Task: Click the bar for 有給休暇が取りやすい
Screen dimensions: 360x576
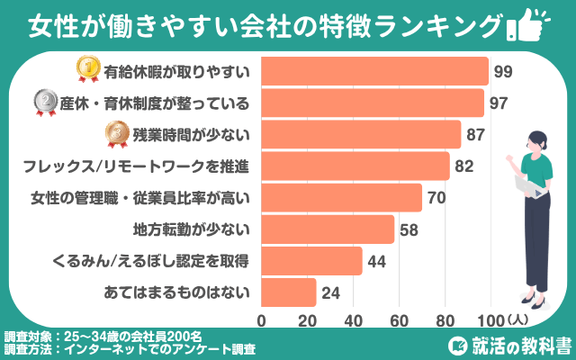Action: pos(374,71)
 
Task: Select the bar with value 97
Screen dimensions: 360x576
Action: pos(373,103)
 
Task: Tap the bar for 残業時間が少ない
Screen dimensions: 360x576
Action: pos(361,134)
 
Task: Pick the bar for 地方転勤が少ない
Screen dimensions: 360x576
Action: pos(328,229)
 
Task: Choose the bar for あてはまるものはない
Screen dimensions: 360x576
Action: pos(289,292)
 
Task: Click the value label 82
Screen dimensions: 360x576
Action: pos(464,166)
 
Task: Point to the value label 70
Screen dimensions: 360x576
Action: pos(436,198)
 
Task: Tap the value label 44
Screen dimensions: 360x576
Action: pos(377,261)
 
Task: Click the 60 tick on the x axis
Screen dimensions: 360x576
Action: pos(398,319)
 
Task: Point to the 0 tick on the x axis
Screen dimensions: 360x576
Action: pos(262,319)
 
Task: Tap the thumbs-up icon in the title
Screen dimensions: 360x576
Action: pos(530,23)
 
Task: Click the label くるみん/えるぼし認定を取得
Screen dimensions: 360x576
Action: pos(164,261)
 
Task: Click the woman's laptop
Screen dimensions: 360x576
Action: pos(526,184)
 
